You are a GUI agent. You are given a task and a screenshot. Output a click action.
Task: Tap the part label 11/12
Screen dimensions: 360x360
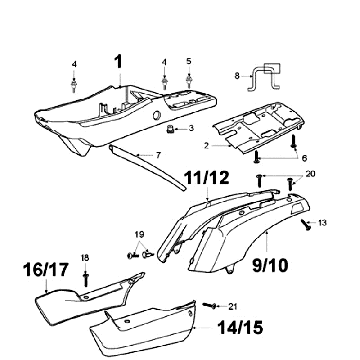[x=207, y=178]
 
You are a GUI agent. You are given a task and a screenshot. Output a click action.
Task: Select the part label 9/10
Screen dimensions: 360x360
[x=270, y=266]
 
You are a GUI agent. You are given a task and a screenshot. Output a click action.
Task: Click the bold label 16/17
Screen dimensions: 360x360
[x=46, y=269]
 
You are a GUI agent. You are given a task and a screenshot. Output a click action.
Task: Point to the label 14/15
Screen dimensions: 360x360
[x=240, y=328]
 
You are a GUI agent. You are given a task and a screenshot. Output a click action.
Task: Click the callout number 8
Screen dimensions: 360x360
[x=237, y=76]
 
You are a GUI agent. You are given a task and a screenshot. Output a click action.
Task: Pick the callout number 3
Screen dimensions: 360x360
[x=191, y=128]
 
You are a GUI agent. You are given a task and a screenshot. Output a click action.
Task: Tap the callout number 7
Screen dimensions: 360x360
[x=158, y=155]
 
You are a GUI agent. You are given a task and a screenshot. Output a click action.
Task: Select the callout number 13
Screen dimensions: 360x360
[x=322, y=223]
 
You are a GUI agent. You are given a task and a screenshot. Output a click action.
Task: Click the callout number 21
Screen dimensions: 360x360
[x=232, y=307]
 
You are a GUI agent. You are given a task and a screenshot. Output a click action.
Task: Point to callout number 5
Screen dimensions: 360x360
[x=189, y=61]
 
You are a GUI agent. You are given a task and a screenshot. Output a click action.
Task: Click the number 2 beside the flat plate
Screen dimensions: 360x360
[x=207, y=146]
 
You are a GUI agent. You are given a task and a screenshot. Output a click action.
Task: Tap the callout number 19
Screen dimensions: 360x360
[x=139, y=234]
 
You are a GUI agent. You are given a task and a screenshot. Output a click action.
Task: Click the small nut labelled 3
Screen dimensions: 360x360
[x=171, y=129]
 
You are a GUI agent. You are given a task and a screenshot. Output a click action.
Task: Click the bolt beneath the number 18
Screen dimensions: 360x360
[x=86, y=280]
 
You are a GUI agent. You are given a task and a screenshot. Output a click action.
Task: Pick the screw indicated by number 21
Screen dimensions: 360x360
[x=210, y=305]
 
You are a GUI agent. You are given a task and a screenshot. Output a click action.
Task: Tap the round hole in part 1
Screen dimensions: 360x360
[x=156, y=116]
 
